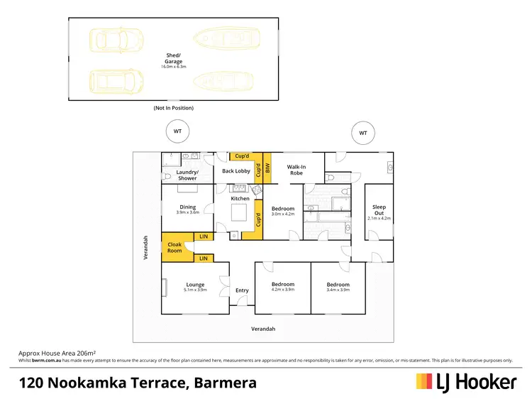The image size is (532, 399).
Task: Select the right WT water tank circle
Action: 363,133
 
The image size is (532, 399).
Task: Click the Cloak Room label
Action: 174,247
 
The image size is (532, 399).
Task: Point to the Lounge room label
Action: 195,285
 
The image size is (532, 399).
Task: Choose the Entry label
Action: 242,290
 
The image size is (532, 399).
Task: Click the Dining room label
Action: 188,207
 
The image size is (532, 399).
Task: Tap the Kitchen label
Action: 240,199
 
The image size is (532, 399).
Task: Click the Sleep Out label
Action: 379,210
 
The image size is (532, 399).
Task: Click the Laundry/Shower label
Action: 187,175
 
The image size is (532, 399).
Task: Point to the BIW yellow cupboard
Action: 267,169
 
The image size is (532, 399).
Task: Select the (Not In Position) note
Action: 173,108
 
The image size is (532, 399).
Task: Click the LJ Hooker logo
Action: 465,381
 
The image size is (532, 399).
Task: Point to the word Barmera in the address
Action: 224,383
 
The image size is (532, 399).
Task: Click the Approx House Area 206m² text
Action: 57,352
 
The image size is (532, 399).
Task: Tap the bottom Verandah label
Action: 263,329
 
